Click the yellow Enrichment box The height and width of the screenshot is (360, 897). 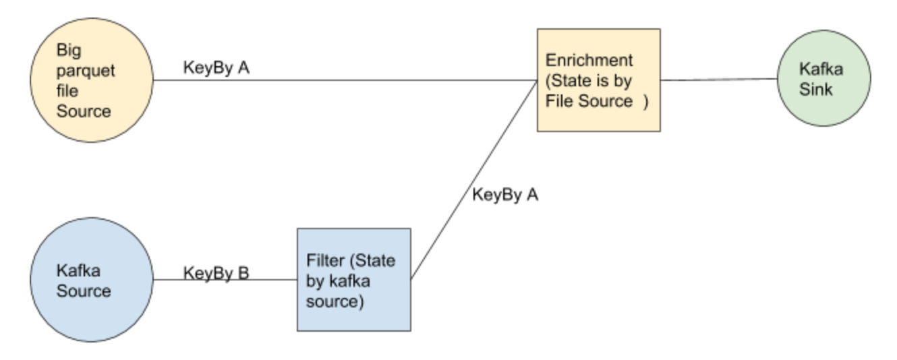point(598,79)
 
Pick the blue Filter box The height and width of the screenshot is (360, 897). point(353,279)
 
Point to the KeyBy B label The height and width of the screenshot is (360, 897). point(216,274)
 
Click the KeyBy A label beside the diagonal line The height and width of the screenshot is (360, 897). point(505,196)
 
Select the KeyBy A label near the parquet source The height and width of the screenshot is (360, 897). point(216,69)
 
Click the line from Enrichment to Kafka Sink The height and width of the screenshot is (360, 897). point(718,79)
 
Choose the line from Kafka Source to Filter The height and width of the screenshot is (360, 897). point(226,280)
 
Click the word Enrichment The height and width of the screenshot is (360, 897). point(589,59)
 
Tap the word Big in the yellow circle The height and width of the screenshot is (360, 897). point(67,53)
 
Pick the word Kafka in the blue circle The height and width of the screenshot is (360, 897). point(74,272)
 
